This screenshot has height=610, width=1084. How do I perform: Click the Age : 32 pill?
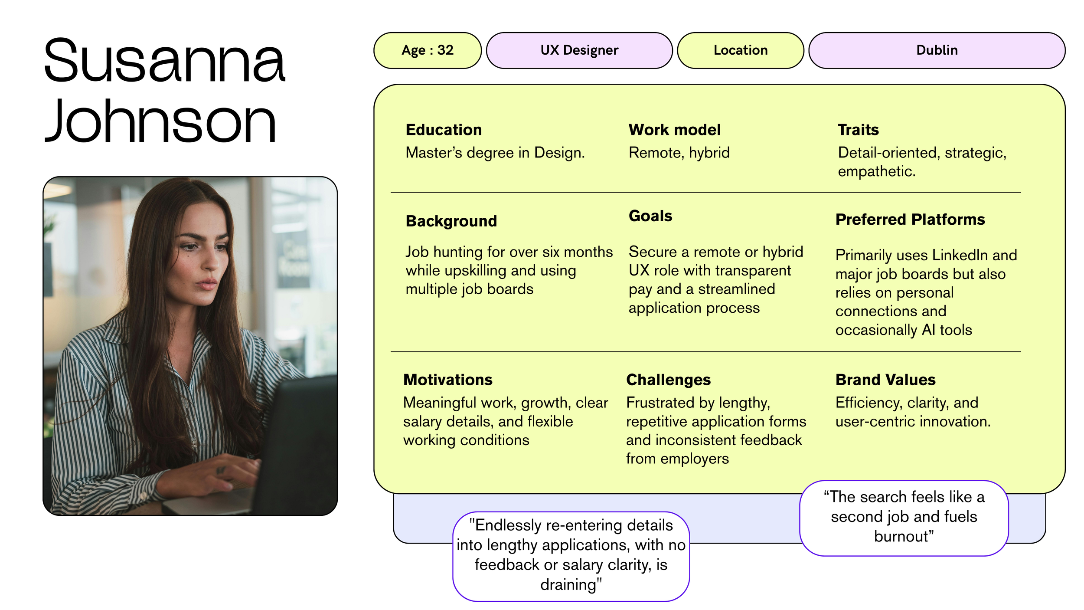click(427, 50)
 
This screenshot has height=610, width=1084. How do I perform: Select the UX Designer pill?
click(579, 50)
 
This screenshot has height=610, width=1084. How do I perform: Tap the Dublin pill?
click(937, 50)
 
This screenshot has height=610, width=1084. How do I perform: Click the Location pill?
click(740, 50)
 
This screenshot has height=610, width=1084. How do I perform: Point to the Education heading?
click(444, 130)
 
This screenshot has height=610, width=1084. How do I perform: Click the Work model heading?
click(674, 130)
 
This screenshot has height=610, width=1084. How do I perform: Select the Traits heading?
click(858, 130)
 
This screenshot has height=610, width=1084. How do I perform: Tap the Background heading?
click(451, 221)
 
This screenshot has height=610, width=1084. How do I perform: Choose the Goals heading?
click(650, 216)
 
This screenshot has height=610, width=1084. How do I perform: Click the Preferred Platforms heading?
click(910, 219)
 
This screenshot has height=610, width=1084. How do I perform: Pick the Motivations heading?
click(447, 380)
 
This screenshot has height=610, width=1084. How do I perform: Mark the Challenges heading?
click(668, 380)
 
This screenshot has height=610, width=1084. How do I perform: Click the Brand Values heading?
click(885, 380)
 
